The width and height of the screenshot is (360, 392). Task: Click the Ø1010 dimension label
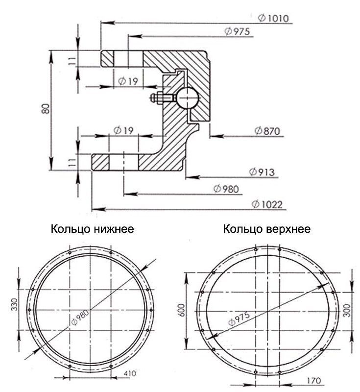[x=273, y=18]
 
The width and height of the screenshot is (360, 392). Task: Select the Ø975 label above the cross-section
[x=237, y=31]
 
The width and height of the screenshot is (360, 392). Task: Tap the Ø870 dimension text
[x=267, y=131]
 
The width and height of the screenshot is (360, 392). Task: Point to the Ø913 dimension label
[x=262, y=172]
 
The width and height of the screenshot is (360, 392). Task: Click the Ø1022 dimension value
[x=267, y=204]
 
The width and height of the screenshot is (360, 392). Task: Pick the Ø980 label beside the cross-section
[x=226, y=189]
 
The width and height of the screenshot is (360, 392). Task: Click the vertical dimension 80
[x=46, y=109]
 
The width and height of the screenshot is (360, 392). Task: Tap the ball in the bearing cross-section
[x=188, y=98]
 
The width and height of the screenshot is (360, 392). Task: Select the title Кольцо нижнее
[x=93, y=229]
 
